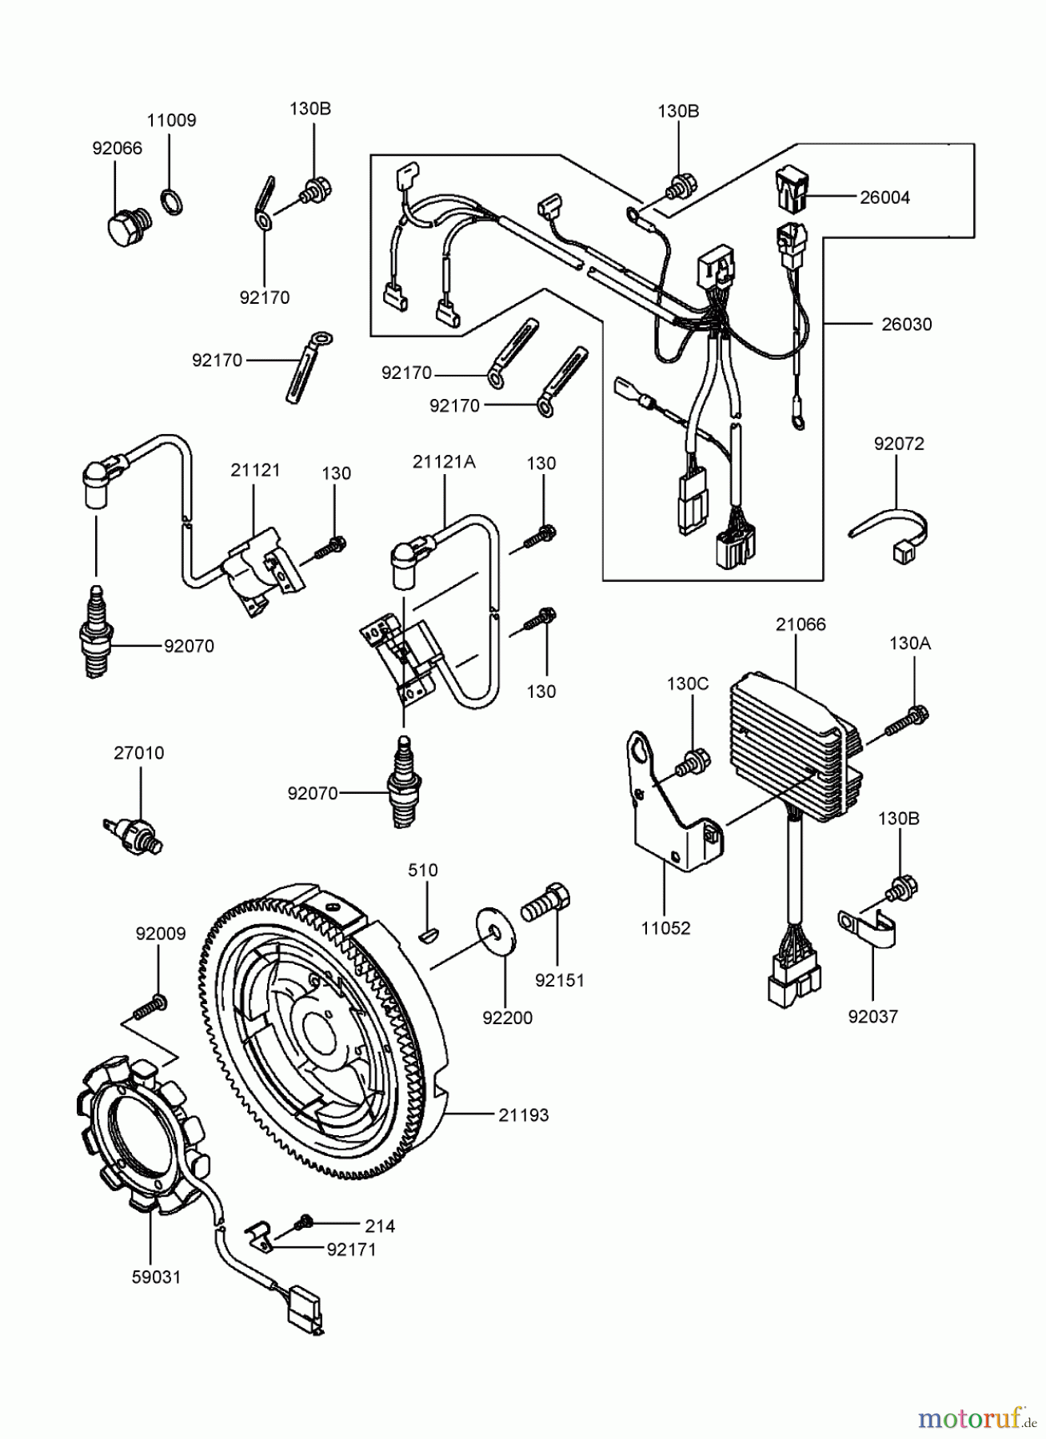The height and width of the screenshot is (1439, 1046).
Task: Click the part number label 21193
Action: coord(524,1114)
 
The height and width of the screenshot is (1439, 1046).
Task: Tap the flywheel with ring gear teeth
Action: coord(320,1031)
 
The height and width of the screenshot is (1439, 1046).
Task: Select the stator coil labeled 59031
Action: coord(140,1135)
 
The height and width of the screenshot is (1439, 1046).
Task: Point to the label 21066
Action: coord(800,624)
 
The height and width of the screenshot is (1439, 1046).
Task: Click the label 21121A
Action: coord(444,461)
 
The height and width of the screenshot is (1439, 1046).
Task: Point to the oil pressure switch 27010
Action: coord(135,832)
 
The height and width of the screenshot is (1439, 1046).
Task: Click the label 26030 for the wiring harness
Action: coord(907,325)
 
